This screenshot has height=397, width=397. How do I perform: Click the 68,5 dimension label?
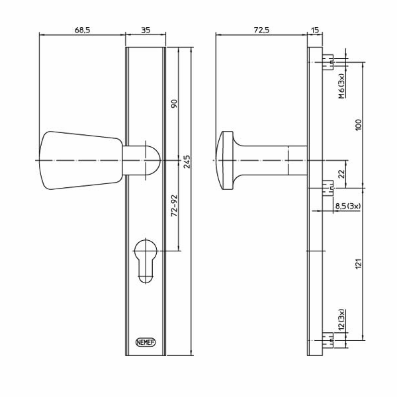(82, 30)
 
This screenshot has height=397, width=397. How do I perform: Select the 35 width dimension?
(146, 30)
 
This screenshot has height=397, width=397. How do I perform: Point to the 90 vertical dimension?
(175, 104)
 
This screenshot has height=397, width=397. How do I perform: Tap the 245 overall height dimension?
(187, 161)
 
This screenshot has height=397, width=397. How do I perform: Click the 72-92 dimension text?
(175, 206)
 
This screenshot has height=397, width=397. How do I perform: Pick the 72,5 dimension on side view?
(261, 30)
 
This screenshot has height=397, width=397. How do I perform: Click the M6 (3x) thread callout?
(341, 86)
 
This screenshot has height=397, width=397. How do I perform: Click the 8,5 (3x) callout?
(348, 206)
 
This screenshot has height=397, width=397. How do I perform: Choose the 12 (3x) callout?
(341, 320)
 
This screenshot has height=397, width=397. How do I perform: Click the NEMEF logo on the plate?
(146, 342)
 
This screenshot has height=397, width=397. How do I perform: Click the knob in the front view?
(79, 161)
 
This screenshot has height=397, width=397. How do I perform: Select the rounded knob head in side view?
(226, 161)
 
